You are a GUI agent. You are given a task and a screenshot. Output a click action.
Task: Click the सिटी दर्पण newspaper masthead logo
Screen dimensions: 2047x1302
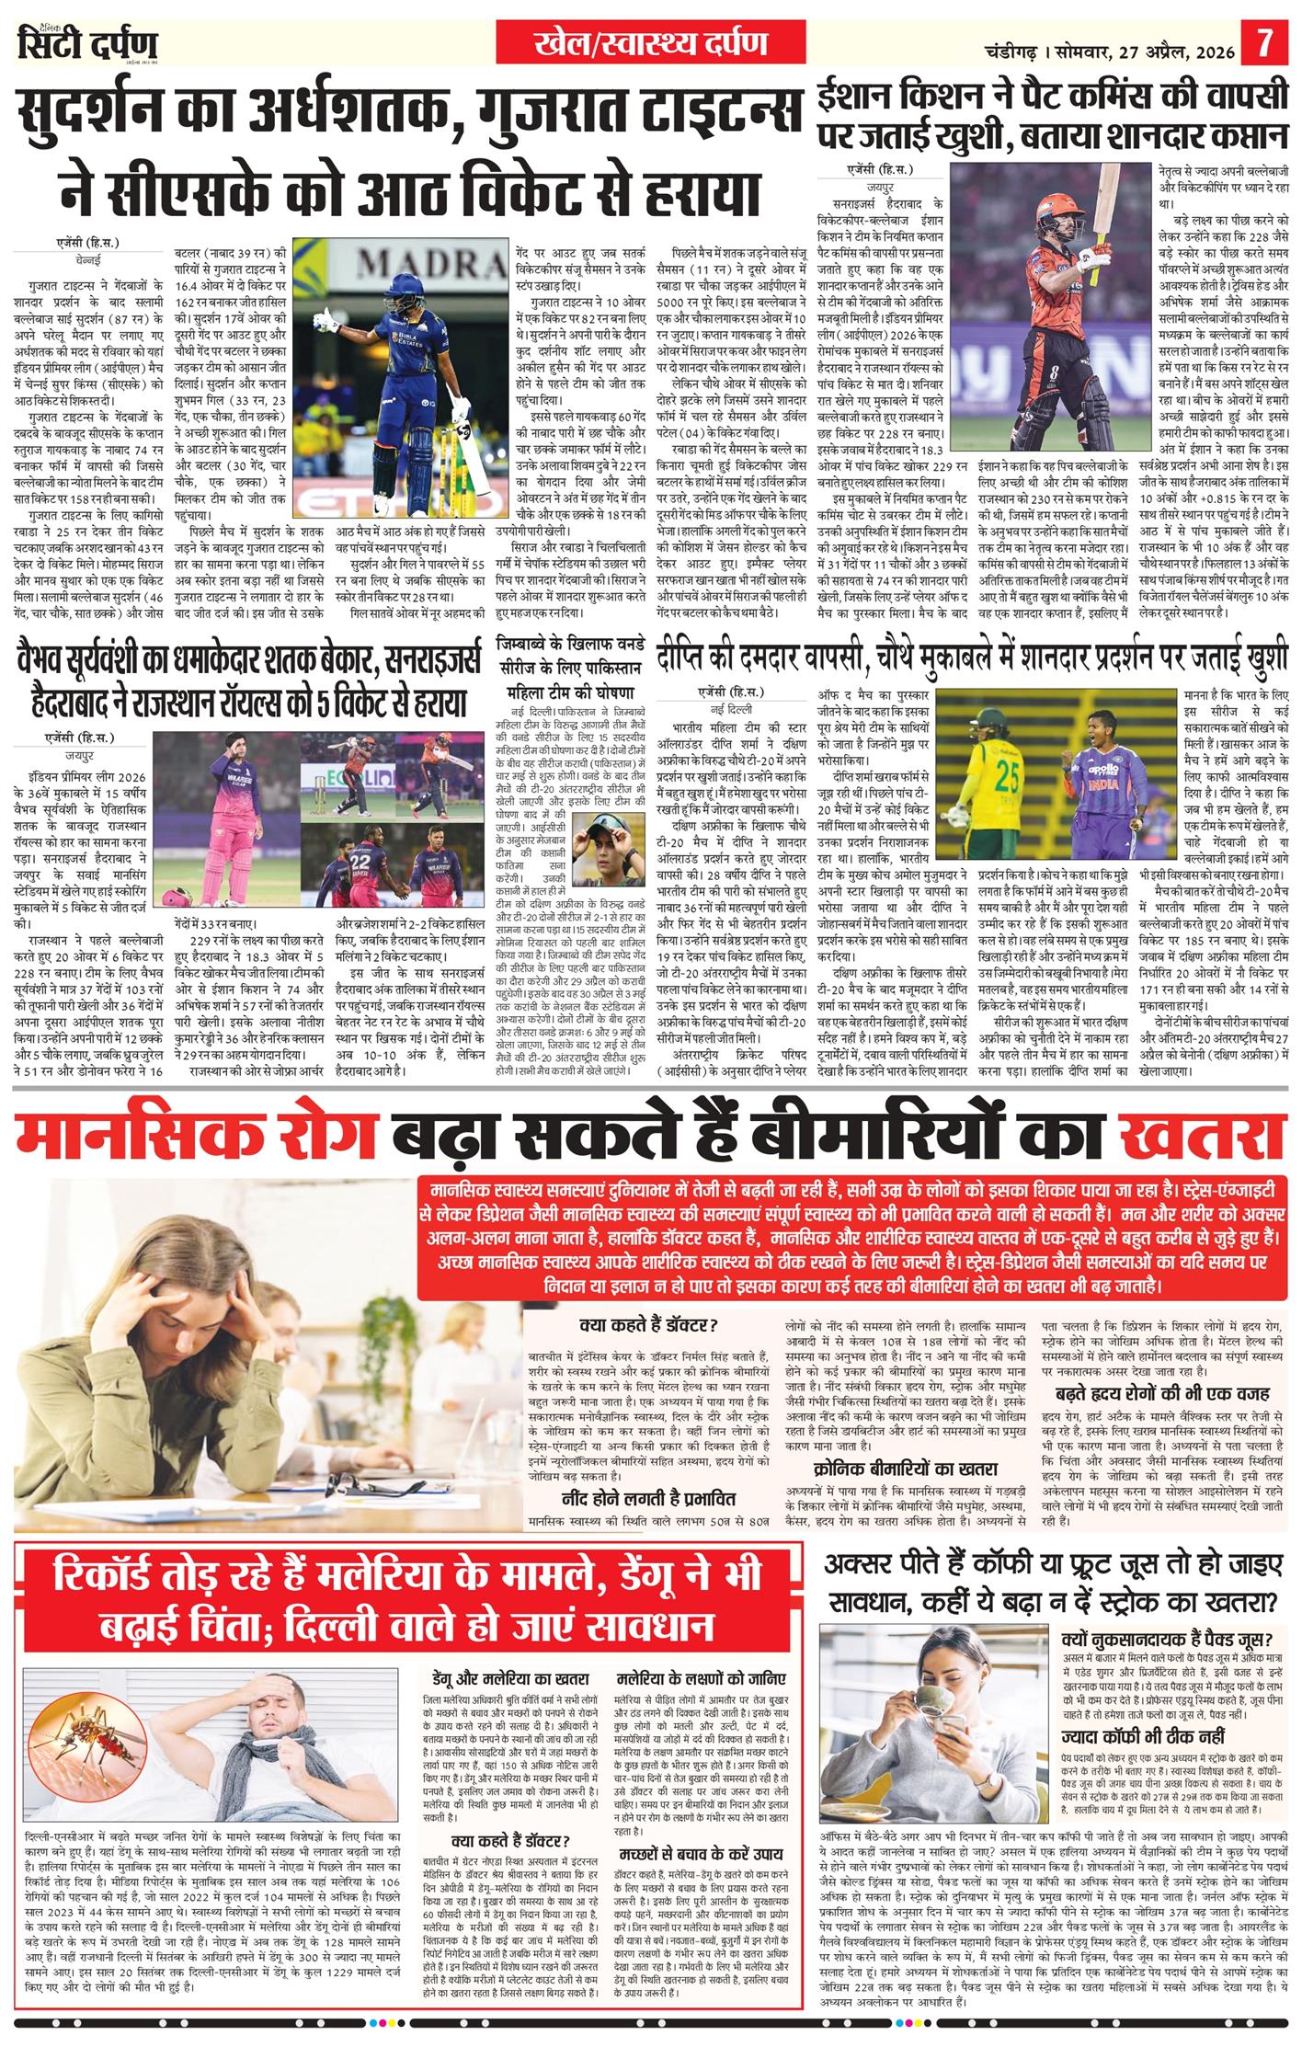coord(88,44)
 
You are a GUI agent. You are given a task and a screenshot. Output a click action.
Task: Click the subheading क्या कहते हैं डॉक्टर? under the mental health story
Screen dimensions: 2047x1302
coord(649,1325)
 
